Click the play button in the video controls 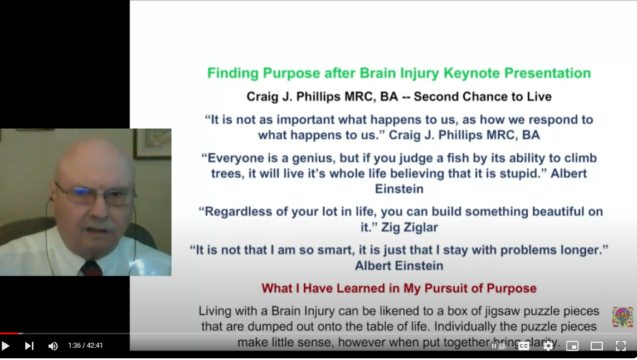point(6,346)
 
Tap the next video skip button point(29,346)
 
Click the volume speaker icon point(53,346)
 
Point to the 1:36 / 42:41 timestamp point(85,346)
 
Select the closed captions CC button point(523,346)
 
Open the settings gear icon point(548,346)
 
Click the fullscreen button point(620,346)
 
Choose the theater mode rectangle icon point(596,346)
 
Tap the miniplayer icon point(572,346)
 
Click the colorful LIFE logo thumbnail point(623,317)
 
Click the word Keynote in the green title point(471,73)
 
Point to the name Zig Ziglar point(410,227)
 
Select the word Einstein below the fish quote point(399,189)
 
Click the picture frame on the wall point(152,143)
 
